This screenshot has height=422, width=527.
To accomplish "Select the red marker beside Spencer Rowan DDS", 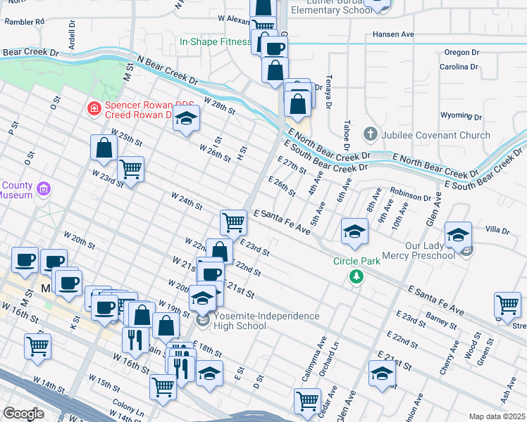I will pyautogui.click(x=93, y=108).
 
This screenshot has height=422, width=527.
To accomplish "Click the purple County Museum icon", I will pyautogui.click(x=44, y=188).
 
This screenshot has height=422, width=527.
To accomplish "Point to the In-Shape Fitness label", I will pyautogui.click(x=215, y=41).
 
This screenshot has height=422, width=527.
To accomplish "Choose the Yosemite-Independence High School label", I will pyautogui.click(x=266, y=321).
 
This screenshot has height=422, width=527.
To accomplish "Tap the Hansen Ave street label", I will pyautogui.click(x=394, y=34).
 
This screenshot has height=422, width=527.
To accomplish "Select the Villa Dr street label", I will pyautogui.click(x=497, y=230).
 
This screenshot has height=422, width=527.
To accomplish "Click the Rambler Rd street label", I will pyautogui.click(x=24, y=22).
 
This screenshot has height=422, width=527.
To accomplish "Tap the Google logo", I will pyautogui.click(x=23, y=414).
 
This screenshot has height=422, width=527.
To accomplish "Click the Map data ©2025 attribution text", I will pyautogui.click(x=497, y=416).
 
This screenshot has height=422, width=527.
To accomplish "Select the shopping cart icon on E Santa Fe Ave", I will pyautogui.click(x=233, y=222).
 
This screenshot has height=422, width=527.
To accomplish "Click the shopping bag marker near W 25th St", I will pyautogui.click(x=104, y=148).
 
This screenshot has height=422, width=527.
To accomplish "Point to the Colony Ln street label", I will pyautogui.click(x=127, y=407).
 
